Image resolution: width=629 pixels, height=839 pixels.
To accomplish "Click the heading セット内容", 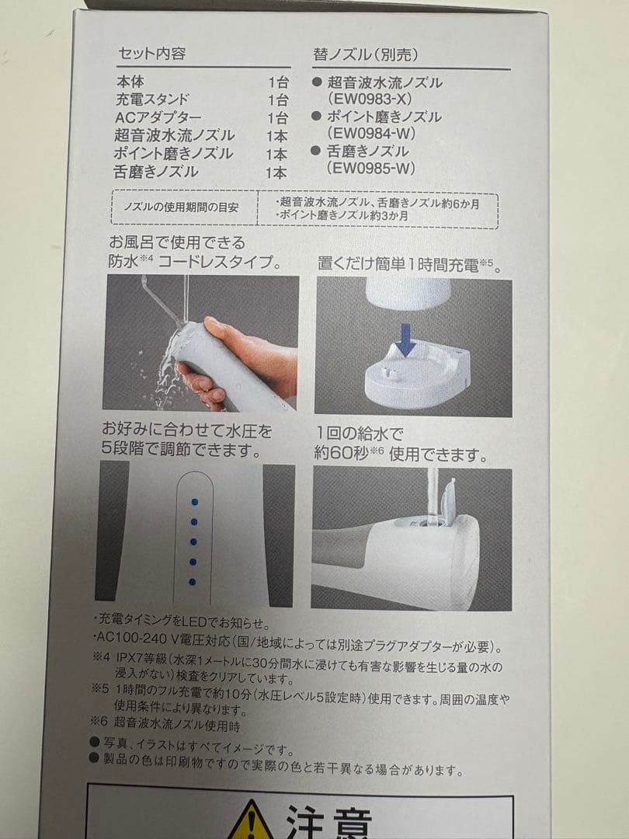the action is pyautogui.click(x=151, y=54).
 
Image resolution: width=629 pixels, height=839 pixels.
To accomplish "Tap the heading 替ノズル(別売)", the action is pyautogui.click(x=365, y=54).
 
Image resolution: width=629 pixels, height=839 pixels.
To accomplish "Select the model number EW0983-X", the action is pyautogui.click(x=370, y=99).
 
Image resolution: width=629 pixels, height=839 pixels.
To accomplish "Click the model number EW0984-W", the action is pyautogui.click(x=370, y=134).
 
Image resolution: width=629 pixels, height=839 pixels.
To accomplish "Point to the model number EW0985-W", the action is pyautogui.click(x=370, y=168).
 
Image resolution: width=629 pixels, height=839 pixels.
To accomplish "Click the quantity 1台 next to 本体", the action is pyautogui.click(x=278, y=83).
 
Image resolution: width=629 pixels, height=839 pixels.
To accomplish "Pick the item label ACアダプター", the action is pyautogui.click(x=158, y=118).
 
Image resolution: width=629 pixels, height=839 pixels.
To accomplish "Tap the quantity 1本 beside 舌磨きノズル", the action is pyautogui.click(x=276, y=172).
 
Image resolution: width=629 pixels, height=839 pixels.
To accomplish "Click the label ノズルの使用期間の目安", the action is pyautogui.click(x=181, y=207).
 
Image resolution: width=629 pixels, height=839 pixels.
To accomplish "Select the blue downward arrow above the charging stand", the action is pyautogui.click(x=406, y=339).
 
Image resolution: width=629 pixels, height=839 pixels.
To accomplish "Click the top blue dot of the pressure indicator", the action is pyautogui.click(x=194, y=502).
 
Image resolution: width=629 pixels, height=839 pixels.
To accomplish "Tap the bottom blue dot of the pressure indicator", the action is pyautogui.click(x=193, y=582).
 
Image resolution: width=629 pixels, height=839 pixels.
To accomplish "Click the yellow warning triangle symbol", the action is pyautogui.click(x=250, y=821).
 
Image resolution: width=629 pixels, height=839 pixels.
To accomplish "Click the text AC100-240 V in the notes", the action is pyautogui.click(x=137, y=638).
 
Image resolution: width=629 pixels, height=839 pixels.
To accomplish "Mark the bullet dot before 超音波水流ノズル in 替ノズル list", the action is pyautogui.click(x=317, y=82).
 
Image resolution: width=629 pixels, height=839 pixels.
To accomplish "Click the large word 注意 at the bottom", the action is pyautogui.click(x=328, y=821).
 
